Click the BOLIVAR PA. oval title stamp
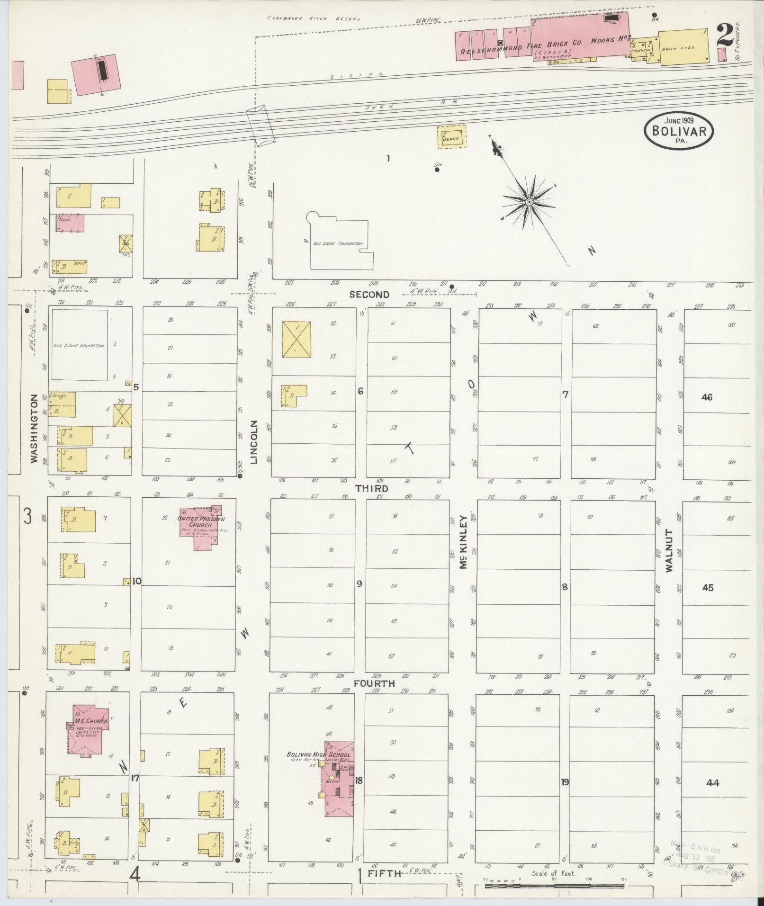(678, 131)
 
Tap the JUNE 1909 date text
(679, 121)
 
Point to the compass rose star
(528, 202)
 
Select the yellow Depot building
(451, 137)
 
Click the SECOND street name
(369, 294)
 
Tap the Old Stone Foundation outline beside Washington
(79, 345)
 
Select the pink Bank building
(71, 222)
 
